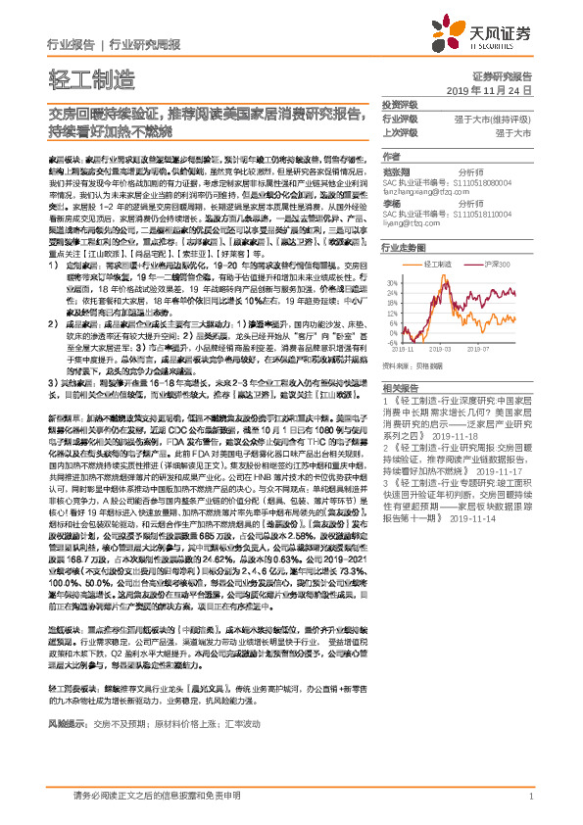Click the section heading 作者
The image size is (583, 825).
tap(391, 157)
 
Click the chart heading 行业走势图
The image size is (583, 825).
tap(402, 249)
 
